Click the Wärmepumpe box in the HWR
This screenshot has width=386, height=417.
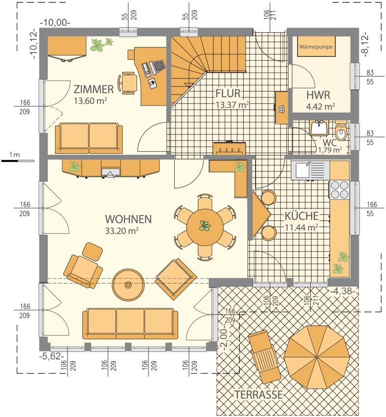(x=316, y=47)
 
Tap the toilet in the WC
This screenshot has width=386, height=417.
(x=341, y=130)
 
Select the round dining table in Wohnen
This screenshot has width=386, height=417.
(x=205, y=227)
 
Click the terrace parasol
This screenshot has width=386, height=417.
(x=317, y=356)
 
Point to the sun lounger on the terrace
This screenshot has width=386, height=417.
(x=264, y=356)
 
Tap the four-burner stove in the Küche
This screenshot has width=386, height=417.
(x=339, y=189)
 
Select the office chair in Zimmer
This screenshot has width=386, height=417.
(x=128, y=83)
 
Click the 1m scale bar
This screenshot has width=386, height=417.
(x=17, y=161)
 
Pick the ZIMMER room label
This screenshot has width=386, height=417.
(x=94, y=89)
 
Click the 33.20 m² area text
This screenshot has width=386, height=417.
(x=122, y=230)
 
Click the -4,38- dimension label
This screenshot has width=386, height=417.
(x=343, y=291)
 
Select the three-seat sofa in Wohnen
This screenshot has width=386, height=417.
(x=130, y=323)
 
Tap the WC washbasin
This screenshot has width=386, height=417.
(x=319, y=127)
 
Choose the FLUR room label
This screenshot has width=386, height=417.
(x=228, y=94)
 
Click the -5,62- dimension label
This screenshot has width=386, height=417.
(x=52, y=356)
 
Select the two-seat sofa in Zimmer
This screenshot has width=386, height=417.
(x=89, y=138)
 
